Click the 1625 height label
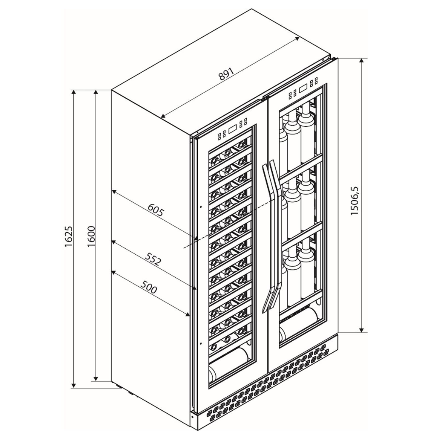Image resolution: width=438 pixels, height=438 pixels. pos(69,237)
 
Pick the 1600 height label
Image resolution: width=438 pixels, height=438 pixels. pos(91,237)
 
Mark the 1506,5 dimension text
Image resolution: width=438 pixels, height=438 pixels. pos(355,201)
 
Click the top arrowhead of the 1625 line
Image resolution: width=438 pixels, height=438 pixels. pos(73,92)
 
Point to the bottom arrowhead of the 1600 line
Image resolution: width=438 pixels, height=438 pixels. pos(96,378)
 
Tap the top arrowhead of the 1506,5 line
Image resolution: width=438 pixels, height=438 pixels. pos(362,60)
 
